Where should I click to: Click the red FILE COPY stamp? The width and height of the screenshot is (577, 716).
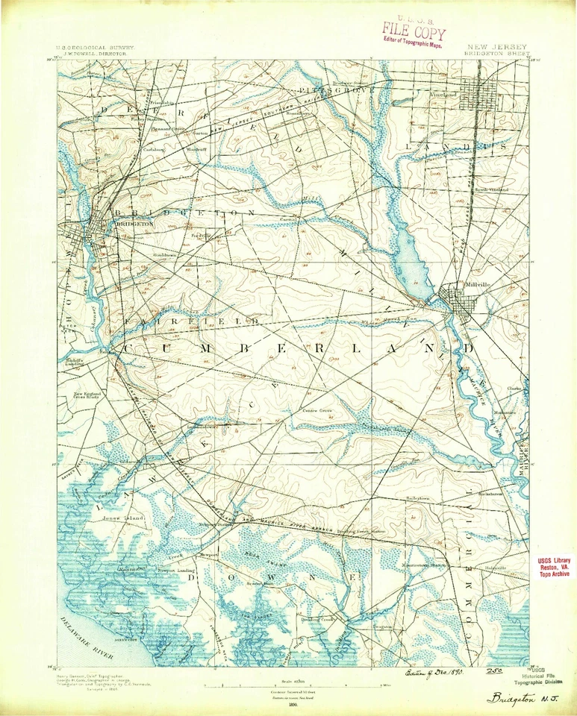click(414, 32)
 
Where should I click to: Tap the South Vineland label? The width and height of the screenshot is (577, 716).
click(490, 189)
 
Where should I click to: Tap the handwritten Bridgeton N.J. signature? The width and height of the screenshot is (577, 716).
click(526, 697)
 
